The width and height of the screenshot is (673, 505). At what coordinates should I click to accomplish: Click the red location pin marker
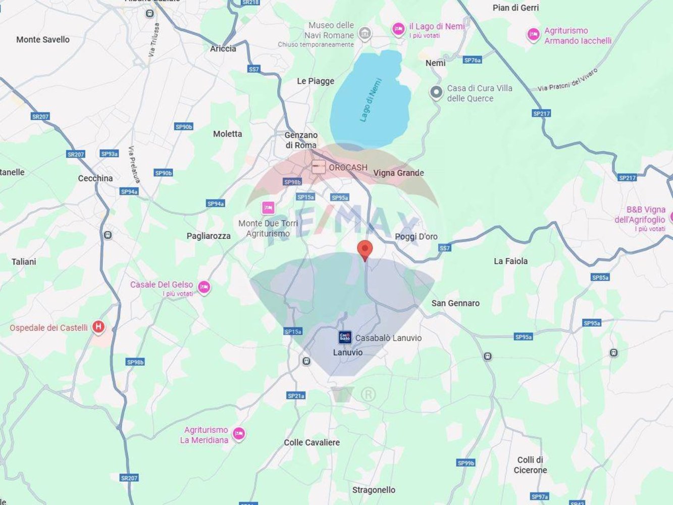pos(365,249)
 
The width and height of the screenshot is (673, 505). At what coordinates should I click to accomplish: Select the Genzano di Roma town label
pos(301,140)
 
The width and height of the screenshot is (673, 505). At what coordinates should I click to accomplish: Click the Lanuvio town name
pos(347,352)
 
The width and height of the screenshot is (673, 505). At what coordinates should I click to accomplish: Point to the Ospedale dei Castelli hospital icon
pos(98,327)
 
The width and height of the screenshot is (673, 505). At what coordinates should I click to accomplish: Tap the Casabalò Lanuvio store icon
pos(345,337)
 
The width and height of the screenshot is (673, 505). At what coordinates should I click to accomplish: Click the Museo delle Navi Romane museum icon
pos(365,34)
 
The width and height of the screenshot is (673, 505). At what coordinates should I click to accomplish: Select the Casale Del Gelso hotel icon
pos(203,287)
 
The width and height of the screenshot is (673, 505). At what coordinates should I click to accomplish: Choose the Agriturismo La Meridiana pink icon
pos(239,433)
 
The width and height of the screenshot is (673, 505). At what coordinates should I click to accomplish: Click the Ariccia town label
pos(223,48)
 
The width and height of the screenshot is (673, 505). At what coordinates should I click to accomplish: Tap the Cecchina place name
pos(95,178)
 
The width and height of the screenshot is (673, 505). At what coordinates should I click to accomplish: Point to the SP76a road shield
pos(472,60)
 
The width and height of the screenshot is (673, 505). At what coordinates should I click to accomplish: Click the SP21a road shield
pos(296,395)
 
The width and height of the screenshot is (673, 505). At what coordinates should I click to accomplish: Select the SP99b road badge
pos(465,463)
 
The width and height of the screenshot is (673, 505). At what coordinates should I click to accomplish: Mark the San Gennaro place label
pos(455,303)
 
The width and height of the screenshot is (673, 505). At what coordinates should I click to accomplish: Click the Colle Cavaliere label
pos(312,442)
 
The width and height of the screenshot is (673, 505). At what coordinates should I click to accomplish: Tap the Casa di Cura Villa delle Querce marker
pos(436,92)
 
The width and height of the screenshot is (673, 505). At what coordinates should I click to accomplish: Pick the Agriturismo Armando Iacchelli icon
pos(533,34)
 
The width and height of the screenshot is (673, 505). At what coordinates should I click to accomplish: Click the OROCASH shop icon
pos(318,167)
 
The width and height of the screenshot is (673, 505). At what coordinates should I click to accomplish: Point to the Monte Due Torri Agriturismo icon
pos(268,208)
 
